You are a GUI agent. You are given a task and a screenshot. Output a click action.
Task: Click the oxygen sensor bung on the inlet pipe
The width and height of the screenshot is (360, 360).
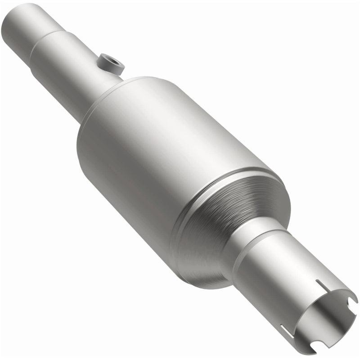[x=110, y=63]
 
